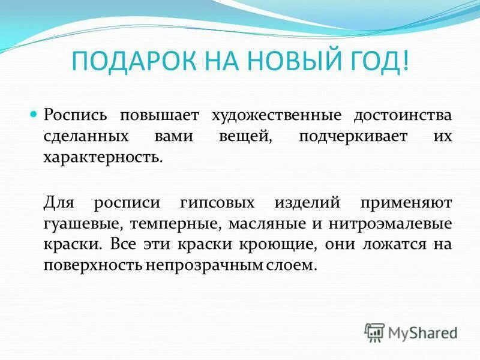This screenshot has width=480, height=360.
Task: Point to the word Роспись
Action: [x=74, y=115]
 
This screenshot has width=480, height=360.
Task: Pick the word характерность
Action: [x=103, y=159]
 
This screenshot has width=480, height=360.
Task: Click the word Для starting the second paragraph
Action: [x=60, y=202]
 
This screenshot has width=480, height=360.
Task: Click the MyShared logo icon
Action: [x=374, y=332]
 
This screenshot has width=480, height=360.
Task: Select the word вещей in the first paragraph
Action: [x=242, y=137]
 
